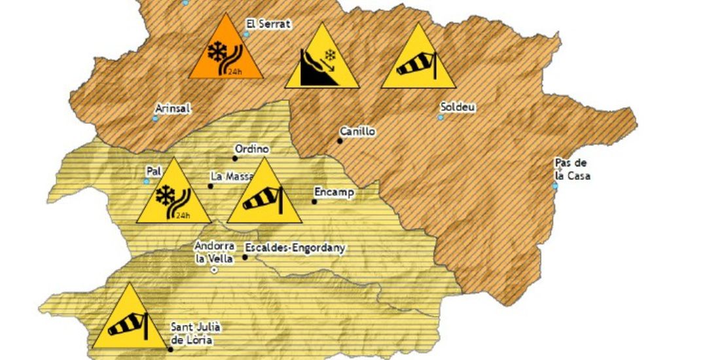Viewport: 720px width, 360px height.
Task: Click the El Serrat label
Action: pos(268,24)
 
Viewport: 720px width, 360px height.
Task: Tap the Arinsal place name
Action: pos(173,109)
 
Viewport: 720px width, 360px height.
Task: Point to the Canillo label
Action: pos(357,131)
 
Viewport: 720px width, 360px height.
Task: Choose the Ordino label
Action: pos(251,149)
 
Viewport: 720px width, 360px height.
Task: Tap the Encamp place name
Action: pos(334,192)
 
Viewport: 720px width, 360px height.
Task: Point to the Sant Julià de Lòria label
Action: pos(192,333)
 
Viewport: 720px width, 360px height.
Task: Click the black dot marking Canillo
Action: pos(340,140)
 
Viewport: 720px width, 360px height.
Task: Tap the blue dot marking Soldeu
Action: pos(441,118)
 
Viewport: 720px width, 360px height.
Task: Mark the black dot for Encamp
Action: pos(314,202)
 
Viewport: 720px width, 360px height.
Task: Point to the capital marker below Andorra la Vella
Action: pos(214,270)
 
